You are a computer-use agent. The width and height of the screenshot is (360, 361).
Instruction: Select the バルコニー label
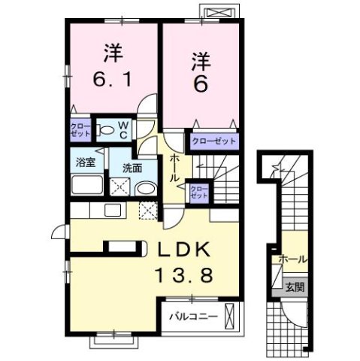[x=192, y=317]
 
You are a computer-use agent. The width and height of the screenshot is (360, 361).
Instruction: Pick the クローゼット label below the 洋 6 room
[x=213, y=141]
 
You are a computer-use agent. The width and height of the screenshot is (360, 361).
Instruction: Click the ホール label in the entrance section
[x=292, y=259]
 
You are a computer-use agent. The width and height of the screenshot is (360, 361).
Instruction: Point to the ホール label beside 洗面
[x=174, y=168]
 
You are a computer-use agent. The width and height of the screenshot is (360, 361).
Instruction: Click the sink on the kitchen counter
[x=113, y=209]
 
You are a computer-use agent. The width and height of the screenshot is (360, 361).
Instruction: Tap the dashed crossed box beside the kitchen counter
[x=149, y=210]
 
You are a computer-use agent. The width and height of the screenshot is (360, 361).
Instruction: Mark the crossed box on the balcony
[x=231, y=317]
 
